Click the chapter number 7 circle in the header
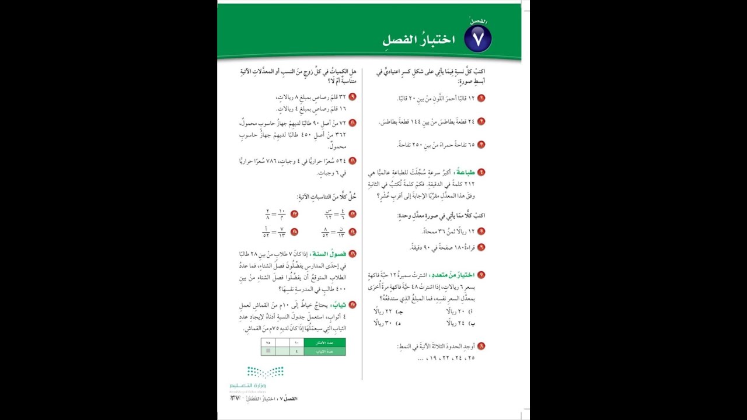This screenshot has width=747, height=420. point(478,39)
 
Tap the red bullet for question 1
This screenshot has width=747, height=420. point(481,99)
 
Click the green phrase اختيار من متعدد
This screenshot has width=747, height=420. point(454,275)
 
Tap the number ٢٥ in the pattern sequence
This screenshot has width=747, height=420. point(470,358)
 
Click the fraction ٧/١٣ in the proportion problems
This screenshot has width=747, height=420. point(281,232)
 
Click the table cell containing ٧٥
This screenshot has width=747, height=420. point(268,343)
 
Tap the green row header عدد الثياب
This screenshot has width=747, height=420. point(324,351)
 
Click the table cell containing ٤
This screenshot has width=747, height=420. point(296,351)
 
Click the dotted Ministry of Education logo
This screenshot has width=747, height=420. point(265,372)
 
